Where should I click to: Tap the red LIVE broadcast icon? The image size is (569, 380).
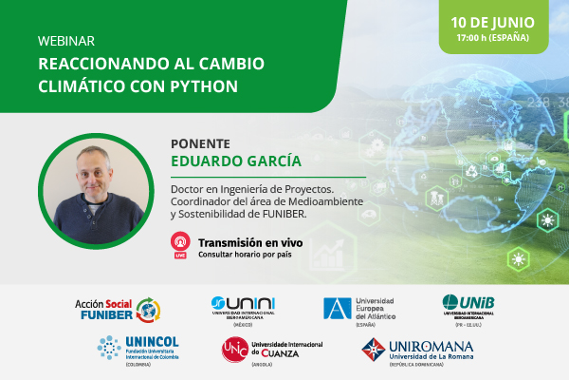pos(179,245)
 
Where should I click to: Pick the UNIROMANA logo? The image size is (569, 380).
pos(416,351)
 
